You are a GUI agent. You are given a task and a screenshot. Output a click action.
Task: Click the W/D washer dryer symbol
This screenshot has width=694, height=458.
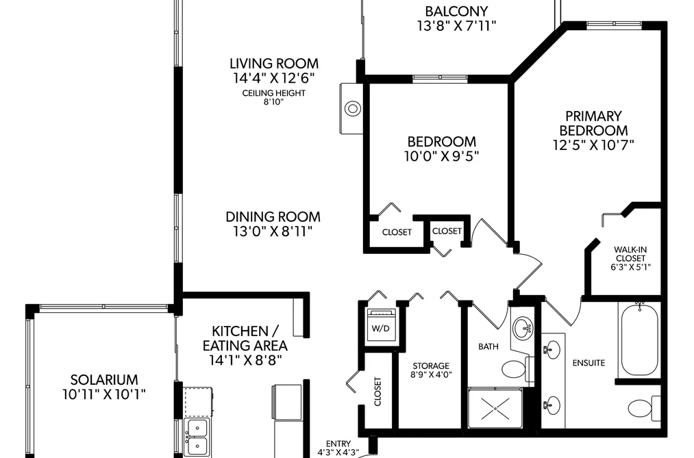pyautogui.click(x=381, y=325)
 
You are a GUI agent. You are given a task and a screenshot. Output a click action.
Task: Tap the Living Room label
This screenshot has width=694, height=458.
pyautogui.click(x=274, y=63)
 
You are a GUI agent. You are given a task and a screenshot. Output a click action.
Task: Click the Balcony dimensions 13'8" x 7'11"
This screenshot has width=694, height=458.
pyautogui.click(x=457, y=25)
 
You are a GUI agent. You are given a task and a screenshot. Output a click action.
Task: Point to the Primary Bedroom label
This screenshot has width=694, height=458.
pyautogui.click(x=593, y=123)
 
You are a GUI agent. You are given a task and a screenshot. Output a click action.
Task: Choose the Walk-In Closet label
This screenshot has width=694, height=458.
pyautogui.click(x=631, y=254)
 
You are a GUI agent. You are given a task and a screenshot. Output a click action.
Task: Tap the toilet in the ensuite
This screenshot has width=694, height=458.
pyautogui.click(x=644, y=409)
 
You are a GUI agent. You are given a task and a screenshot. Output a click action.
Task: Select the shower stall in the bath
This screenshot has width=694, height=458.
pyautogui.click(x=495, y=408)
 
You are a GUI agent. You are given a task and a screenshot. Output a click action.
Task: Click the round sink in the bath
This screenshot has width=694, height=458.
pyautogui.click(x=523, y=329)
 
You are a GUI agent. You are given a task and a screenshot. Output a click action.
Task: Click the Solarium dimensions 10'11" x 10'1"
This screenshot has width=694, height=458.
pyautogui.click(x=104, y=394)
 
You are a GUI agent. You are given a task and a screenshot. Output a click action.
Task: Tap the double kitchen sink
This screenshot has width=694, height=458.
pyautogui.click(x=197, y=437)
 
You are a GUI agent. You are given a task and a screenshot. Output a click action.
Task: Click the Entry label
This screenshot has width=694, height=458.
pyautogui.click(x=338, y=444)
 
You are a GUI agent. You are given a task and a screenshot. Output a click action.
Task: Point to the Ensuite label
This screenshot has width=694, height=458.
pyautogui.click(x=588, y=363)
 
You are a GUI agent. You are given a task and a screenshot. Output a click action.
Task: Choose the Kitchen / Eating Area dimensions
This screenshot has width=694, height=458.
pyautogui.click(x=245, y=360)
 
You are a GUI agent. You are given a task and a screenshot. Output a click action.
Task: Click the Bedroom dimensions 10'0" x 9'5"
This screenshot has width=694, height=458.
pyautogui.click(x=442, y=156)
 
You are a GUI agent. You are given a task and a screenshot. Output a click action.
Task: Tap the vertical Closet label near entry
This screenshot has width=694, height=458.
pyautogui.click(x=377, y=391)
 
